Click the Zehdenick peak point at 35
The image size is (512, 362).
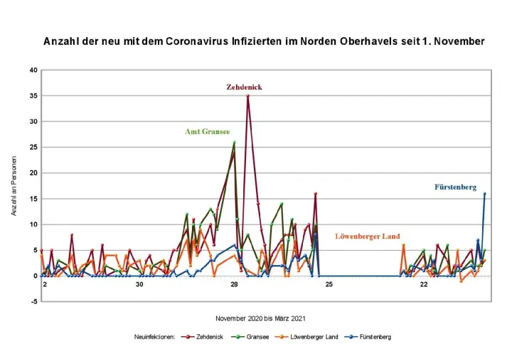tap(247, 95)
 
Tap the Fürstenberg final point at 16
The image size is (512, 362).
tap(484, 193)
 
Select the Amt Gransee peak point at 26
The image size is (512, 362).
tap(234, 143)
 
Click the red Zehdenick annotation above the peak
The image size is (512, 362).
tap(244, 87)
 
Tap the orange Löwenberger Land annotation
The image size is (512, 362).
tap(368, 236)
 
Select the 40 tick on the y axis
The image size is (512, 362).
tap(33, 70)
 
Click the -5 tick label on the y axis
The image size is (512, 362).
tap(33, 301)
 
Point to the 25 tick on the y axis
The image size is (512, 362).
tap(33, 147)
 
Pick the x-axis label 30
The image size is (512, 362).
tap(139, 285)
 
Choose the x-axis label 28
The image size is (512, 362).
tap(234, 285)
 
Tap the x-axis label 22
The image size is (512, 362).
tap(424, 285)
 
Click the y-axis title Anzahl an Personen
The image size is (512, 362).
tap(13, 185)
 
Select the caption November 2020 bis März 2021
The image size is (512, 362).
tap(262, 318)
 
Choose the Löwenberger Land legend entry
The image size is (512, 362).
tap(315, 336)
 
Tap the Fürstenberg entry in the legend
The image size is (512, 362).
tap(375, 336)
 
